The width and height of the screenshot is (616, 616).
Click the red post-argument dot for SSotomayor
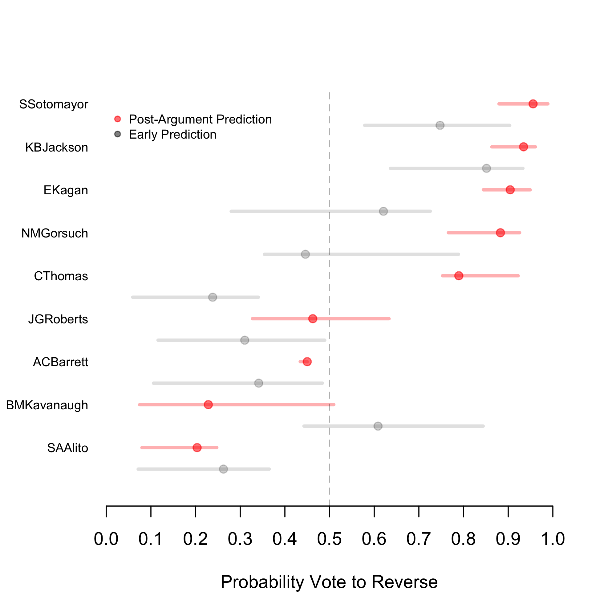pos(533,104)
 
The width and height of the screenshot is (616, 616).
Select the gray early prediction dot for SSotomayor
pos(440,125)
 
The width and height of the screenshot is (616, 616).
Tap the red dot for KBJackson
pos(523,147)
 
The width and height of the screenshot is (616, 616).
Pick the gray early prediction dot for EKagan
pos(383,211)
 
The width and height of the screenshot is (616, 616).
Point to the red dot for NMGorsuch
pos(500,233)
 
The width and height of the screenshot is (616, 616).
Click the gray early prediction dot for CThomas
pos(213,297)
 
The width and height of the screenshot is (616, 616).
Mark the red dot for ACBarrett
pos(307,362)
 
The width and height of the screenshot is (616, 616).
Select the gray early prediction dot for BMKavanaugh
pos(378,426)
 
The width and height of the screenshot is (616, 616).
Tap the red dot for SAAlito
pos(197,447)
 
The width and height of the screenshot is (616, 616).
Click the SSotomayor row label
pos(54,104)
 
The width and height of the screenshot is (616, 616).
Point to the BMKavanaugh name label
pos(47,405)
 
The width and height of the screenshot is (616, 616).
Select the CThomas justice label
pos(61,276)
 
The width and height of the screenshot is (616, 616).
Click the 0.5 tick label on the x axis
pos(329,539)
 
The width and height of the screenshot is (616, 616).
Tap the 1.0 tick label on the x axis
pos(553,539)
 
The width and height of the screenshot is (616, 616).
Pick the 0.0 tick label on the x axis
pos(106,539)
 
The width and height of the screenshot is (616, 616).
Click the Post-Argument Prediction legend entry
pos(200,119)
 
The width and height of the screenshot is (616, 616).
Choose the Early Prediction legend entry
pos(172,135)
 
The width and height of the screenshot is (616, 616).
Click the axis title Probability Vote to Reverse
pos(329,582)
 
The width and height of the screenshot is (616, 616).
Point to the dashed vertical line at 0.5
pos(329,478)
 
